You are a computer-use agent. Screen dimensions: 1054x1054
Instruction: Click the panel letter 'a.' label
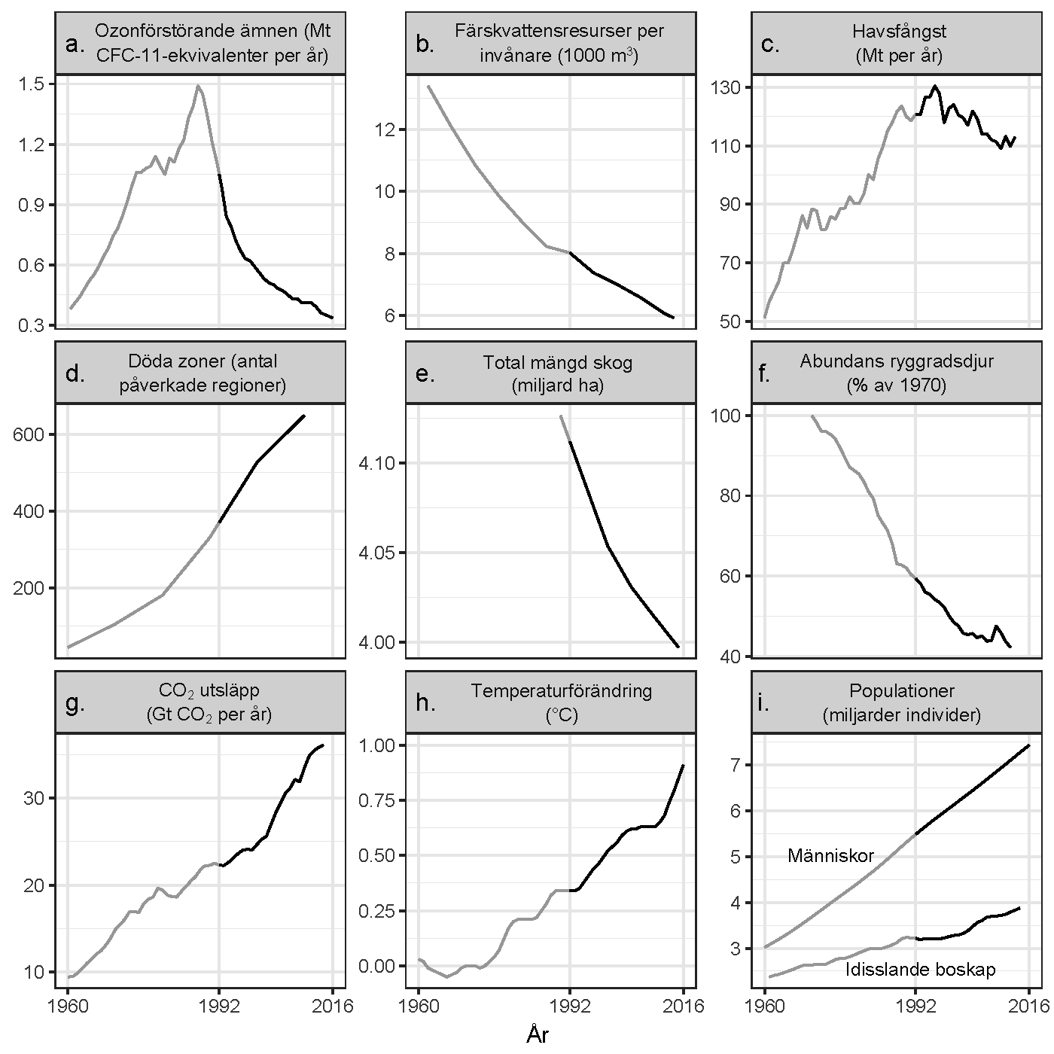[76, 45]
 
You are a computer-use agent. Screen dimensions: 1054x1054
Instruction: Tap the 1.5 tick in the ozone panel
[35, 84]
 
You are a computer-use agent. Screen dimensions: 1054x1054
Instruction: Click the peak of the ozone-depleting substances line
[198, 86]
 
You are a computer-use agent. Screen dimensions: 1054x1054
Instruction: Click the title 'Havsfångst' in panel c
[900, 32]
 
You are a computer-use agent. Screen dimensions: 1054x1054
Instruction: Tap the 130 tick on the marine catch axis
[726, 88]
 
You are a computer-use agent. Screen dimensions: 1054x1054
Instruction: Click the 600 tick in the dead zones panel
[28, 435]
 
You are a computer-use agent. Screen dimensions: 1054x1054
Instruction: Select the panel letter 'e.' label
[425, 374]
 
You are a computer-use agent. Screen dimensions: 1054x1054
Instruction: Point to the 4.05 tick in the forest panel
[380, 553]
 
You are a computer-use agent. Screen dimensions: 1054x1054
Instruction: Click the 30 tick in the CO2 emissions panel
[35, 798]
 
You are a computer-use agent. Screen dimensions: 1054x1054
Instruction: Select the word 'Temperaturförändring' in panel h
[561, 691]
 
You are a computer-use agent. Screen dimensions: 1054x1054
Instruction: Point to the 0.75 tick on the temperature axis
[380, 800]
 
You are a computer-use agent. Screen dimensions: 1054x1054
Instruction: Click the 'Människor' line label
[830, 856]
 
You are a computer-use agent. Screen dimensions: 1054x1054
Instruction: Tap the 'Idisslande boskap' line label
[920, 970]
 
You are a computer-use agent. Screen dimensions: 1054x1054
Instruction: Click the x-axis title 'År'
[537, 1035]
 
